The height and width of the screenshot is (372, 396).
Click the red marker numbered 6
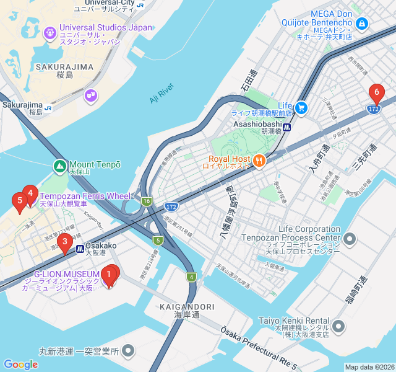375,94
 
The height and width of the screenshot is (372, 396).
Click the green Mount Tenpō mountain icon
60,166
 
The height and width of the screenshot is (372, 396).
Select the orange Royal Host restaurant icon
259,159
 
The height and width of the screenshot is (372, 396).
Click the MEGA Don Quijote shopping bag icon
362,24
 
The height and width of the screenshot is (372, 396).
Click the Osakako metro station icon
80,249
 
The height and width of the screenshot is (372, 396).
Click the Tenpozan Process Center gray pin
350,239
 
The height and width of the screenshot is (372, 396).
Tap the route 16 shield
146,201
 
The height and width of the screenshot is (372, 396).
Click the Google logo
20,365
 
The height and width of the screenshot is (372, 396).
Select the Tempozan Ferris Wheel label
85,196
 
